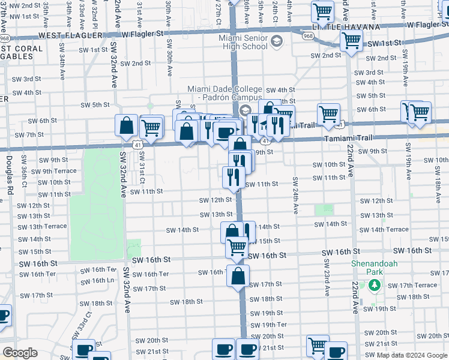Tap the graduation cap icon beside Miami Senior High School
(x=276, y=41)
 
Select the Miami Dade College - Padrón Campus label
(x=224, y=93)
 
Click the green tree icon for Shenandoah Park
(x=376, y=285)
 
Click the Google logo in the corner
(x=20, y=353)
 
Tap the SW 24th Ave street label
(x=295, y=195)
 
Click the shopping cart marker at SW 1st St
(x=351, y=41)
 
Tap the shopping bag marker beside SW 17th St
(x=238, y=276)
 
